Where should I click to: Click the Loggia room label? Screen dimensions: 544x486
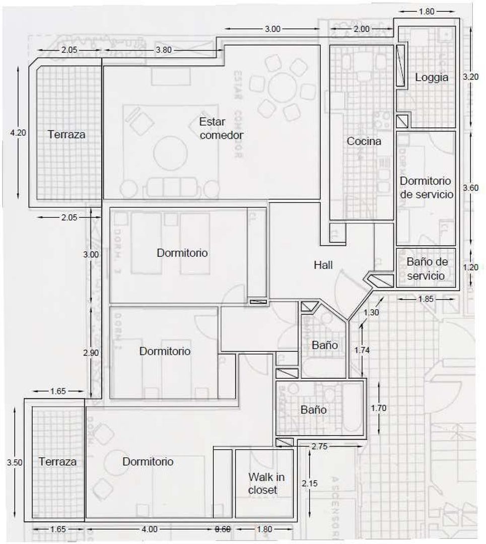pyautogui.click(x=431, y=78)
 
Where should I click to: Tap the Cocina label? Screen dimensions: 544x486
pyautogui.click(x=364, y=142)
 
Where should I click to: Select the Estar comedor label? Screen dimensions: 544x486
pyautogui.click(x=221, y=128)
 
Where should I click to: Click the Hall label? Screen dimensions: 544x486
pyautogui.click(x=323, y=265)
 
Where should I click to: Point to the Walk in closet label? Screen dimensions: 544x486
pyautogui.click(x=263, y=483)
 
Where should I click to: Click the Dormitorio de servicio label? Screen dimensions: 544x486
pyautogui.click(x=426, y=187)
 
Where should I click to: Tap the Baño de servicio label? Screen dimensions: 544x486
pyautogui.click(x=427, y=269)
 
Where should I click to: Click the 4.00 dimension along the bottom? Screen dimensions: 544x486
pyautogui.click(x=150, y=529)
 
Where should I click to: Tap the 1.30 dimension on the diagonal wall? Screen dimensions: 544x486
pyautogui.click(x=372, y=313)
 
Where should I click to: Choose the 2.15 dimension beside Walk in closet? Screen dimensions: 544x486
pyautogui.click(x=310, y=484)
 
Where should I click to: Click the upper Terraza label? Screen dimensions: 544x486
pyautogui.click(x=67, y=134)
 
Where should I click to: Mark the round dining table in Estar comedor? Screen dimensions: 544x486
pyautogui.click(x=285, y=90)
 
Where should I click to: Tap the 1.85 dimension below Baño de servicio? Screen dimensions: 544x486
pyautogui.click(x=426, y=299)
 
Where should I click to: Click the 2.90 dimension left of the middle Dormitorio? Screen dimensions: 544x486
pyautogui.click(x=91, y=353)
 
